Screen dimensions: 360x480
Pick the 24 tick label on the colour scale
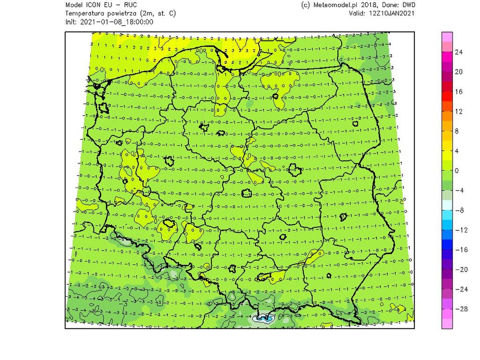(x=459, y=52)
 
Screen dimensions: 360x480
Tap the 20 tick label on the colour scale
(x=459, y=72)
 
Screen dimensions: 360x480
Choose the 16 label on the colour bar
(x=459, y=92)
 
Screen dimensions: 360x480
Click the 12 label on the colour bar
(x=459, y=112)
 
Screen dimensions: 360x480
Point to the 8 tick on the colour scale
(x=457, y=131)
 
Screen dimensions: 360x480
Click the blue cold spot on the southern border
(x=263, y=319)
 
